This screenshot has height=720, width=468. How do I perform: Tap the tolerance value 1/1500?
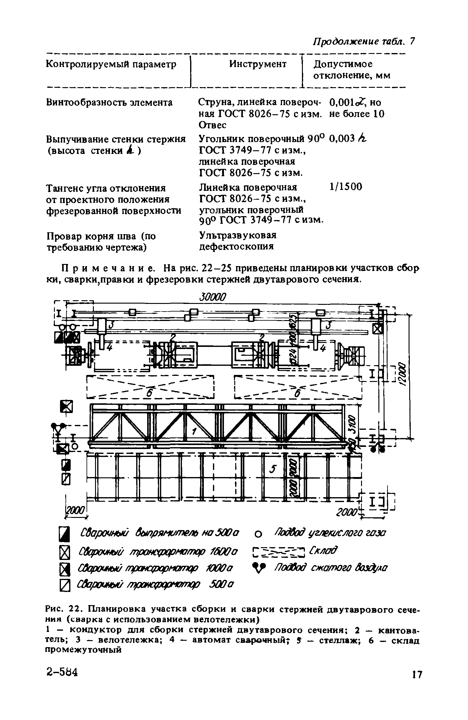(x=346, y=187)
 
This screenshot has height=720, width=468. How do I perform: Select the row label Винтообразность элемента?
(x=109, y=102)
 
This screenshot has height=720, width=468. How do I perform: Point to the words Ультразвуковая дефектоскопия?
(x=237, y=241)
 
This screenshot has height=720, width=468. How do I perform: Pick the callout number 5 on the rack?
(x=273, y=470)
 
